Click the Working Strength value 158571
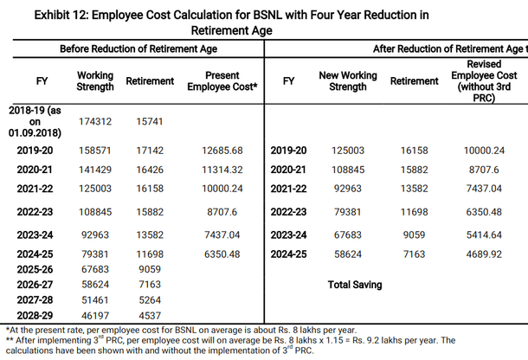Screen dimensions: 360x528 (96, 151)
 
